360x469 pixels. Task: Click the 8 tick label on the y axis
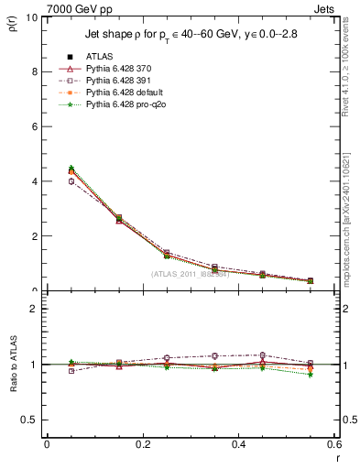tap(34, 71)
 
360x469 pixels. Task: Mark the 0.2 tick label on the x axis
tap(143, 443)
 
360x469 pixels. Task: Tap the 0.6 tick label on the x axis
tap(334, 443)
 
